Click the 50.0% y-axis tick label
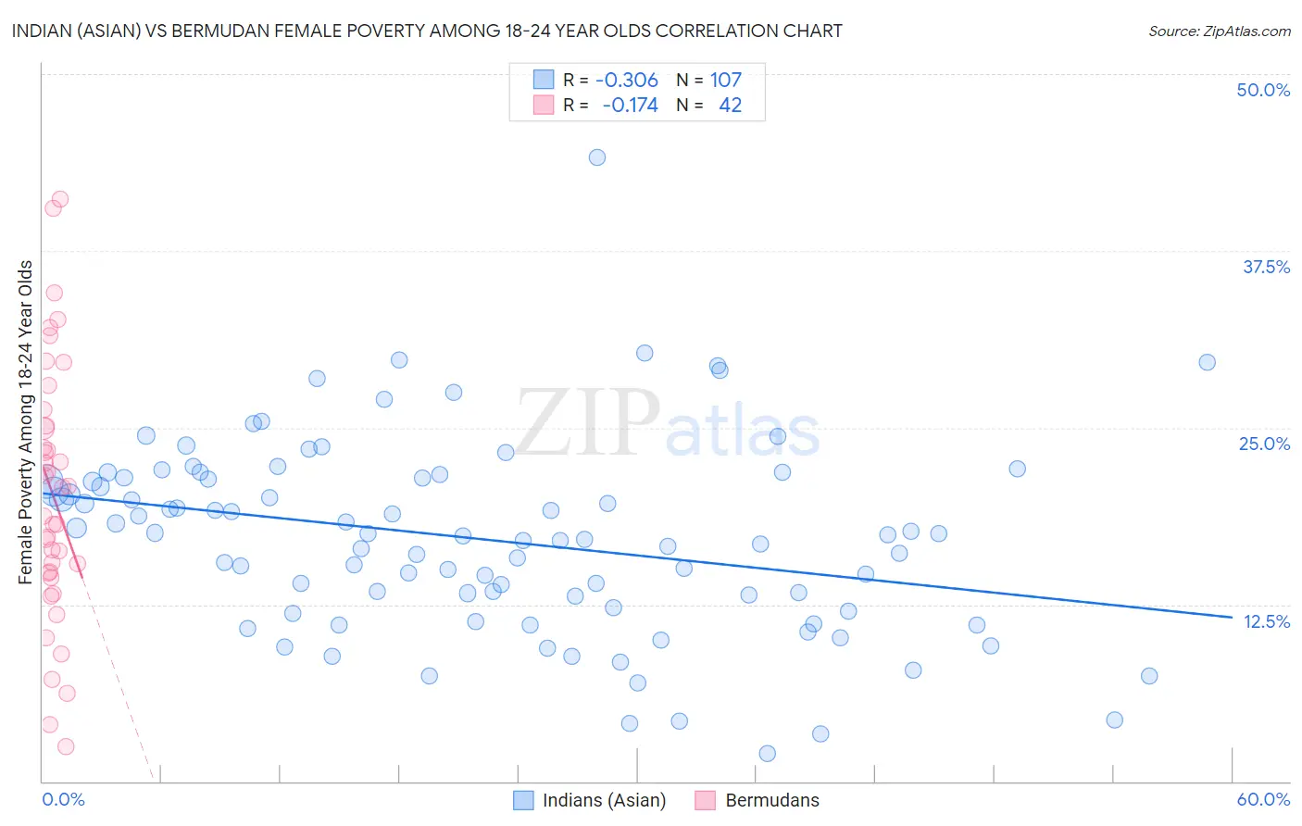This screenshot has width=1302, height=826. [1263, 90]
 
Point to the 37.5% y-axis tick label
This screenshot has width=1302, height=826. [1265, 267]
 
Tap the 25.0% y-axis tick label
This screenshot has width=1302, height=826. [1264, 444]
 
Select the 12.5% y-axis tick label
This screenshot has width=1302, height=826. [1266, 621]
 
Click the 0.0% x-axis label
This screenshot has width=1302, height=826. [63, 799]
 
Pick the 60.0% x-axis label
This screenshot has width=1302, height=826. [1263, 799]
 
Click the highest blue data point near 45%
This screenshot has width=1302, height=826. [597, 157]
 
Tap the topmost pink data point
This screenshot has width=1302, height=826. [60, 199]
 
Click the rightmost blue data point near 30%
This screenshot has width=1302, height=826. [1207, 362]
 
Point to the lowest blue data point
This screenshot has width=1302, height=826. [767, 754]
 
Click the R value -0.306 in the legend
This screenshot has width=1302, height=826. [627, 80]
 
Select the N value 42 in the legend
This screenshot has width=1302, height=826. [730, 106]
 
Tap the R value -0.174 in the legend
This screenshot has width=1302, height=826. [630, 106]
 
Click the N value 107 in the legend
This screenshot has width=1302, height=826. [726, 80]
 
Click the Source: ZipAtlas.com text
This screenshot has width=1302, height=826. [1219, 31]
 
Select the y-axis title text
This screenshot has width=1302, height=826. [26, 422]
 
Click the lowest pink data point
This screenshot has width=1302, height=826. [66, 746]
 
